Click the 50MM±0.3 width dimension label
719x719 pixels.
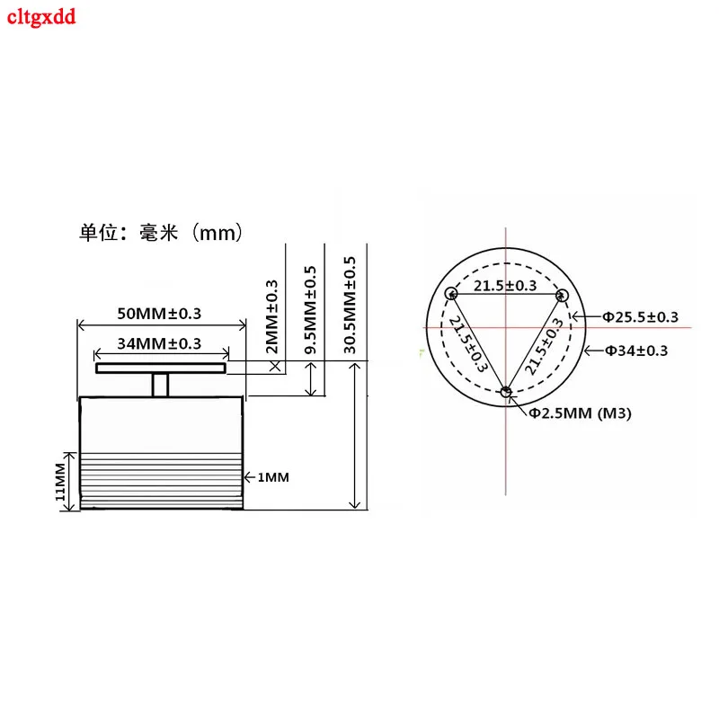coord(159,314)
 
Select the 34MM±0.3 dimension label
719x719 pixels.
coord(159,343)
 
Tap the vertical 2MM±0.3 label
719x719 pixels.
coord(272,314)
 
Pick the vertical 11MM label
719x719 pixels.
coord(59,482)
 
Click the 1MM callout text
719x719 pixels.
coord(273,477)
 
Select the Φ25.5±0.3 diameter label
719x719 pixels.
coord(640,316)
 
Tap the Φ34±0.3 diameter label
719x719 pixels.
coord(635,351)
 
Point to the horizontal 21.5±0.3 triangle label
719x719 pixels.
coord(505,286)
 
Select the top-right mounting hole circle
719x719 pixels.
coord(563,294)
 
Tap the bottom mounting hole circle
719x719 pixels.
coord(507,391)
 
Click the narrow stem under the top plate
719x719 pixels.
coord(161,385)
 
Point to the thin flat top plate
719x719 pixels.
coord(161,368)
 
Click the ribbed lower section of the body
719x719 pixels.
coord(162,481)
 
